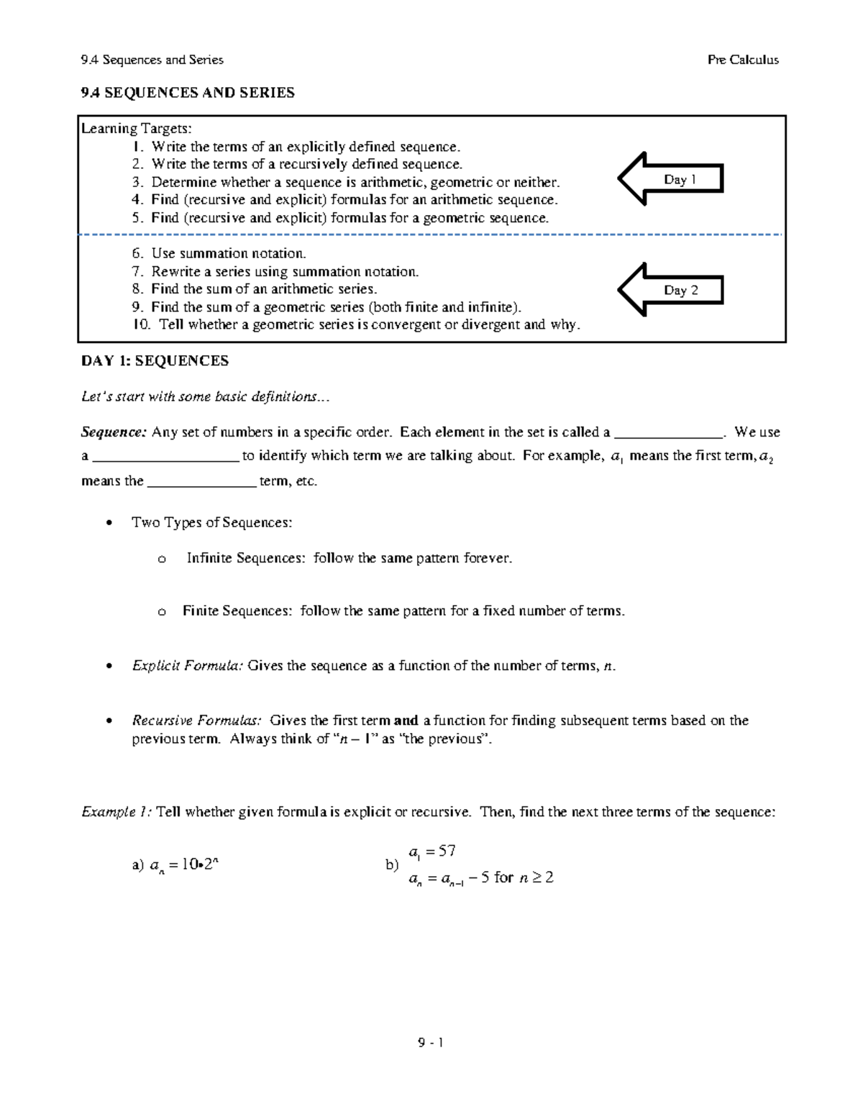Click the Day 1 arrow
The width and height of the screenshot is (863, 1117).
coord(670,179)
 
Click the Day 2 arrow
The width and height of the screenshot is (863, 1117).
coord(670,290)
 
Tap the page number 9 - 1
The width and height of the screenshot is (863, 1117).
coord(430,1043)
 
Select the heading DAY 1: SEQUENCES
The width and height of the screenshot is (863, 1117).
coord(155,361)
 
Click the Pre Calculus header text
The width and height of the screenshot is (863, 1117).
coord(742,60)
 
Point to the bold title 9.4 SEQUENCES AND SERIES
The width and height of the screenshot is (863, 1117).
coord(188,93)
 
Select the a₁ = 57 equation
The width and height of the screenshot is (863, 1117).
coord(431,852)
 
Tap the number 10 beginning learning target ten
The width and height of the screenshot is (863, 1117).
coord(141,324)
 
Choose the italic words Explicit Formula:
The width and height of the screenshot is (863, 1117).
coord(188,666)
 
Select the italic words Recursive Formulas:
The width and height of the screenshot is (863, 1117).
coord(196,721)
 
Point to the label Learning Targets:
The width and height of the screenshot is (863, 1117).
coord(137,129)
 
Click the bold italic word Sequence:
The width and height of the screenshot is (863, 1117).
coord(114,432)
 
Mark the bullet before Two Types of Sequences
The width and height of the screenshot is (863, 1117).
coord(109,523)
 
